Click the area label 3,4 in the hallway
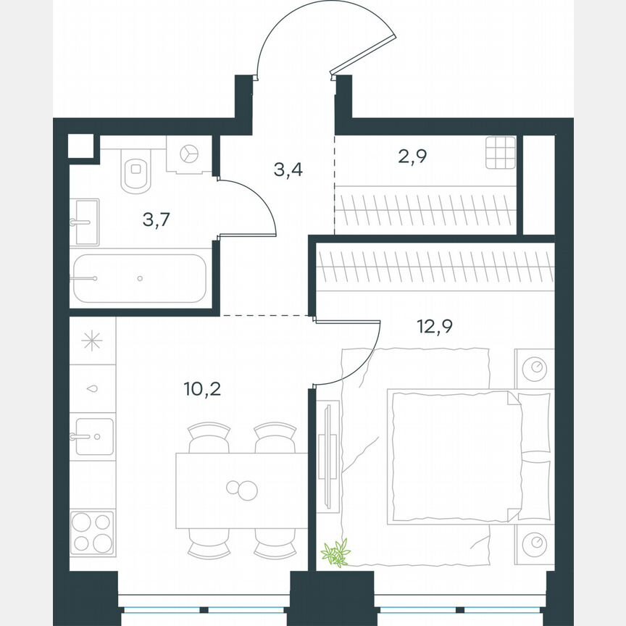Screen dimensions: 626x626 click(x=288, y=170)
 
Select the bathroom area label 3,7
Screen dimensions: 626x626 click(x=156, y=220)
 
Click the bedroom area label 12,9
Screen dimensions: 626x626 click(x=435, y=326)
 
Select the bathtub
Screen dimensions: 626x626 click(x=139, y=278)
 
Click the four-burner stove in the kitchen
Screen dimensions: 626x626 click(x=92, y=533)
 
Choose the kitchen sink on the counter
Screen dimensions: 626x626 click(x=93, y=436)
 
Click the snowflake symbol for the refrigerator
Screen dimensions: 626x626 click(x=92, y=341)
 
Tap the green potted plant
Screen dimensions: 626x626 click(x=335, y=553)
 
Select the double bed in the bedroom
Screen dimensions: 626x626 click(x=455, y=456)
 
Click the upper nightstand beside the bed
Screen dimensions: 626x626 click(x=535, y=368)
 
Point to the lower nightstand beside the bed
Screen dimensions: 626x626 click(x=535, y=542)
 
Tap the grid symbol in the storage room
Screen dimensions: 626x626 click(x=500, y=152)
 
